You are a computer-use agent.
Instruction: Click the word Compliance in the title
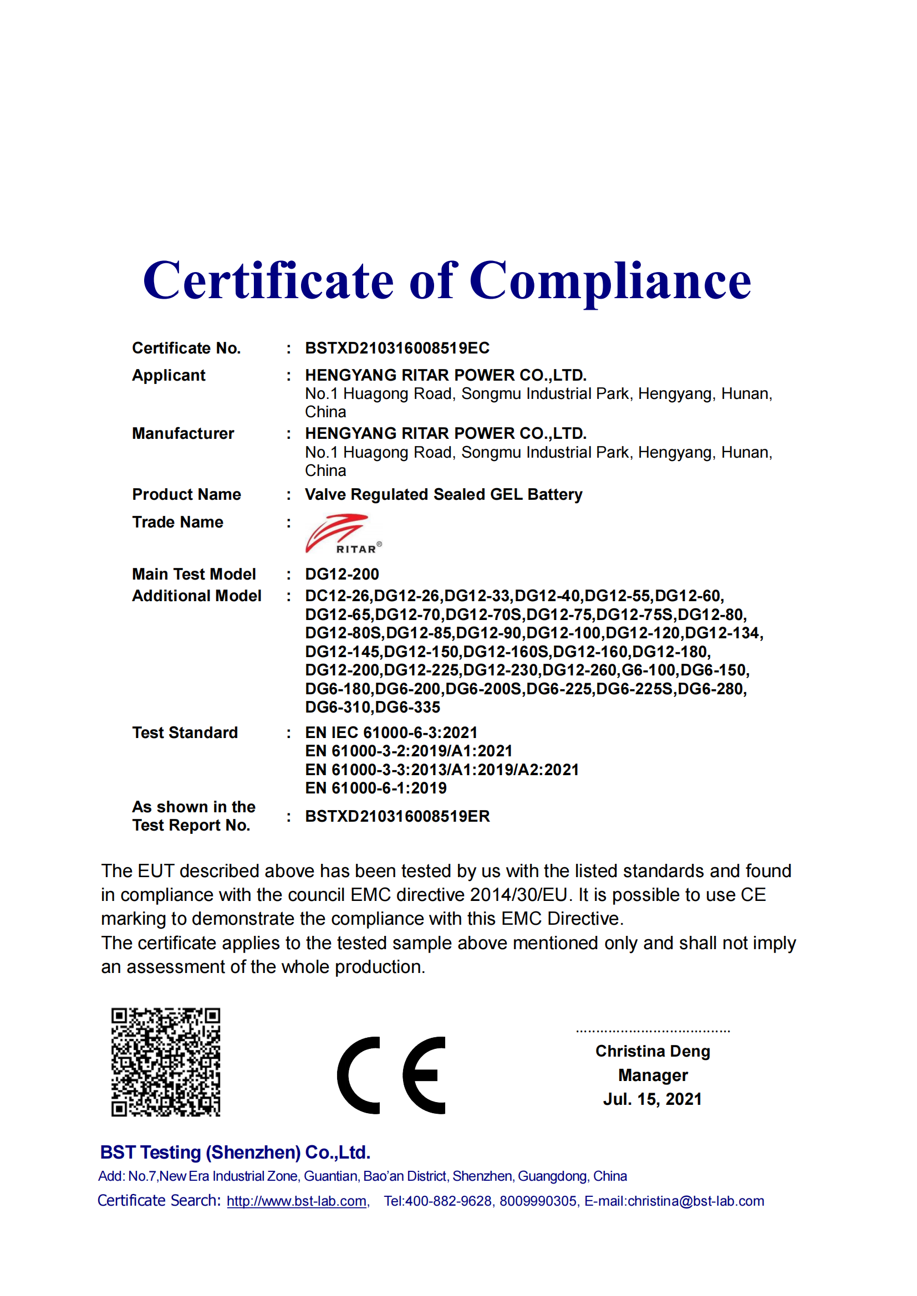pos(610,281)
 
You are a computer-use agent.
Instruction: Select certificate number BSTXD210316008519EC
pos(397,348)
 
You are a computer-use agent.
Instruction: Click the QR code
pos(165,1062)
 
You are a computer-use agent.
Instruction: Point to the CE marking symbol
pos(391,1075)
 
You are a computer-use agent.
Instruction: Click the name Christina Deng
pos(652,1051)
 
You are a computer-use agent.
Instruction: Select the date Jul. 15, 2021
pos(652,1099)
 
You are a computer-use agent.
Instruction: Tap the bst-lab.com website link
pos(297,1201)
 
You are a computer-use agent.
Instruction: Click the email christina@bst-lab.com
pos(696,1201)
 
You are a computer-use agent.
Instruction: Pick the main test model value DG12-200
pos(342,574)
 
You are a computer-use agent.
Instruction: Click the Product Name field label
pos(186,494)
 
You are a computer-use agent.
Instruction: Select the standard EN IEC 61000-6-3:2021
pos(391,732)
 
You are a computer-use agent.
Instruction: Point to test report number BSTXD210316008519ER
pos(397,816)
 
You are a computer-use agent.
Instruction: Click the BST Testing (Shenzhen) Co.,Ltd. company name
pos(235,1152)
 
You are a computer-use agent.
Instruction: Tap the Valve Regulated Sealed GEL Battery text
pos(444,494)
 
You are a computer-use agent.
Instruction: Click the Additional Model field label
pos(196,596)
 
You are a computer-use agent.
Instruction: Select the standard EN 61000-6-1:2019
pos(375,788)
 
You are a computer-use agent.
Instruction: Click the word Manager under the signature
pos(653,1075)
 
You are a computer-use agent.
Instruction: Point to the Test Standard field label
pos(185,732)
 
